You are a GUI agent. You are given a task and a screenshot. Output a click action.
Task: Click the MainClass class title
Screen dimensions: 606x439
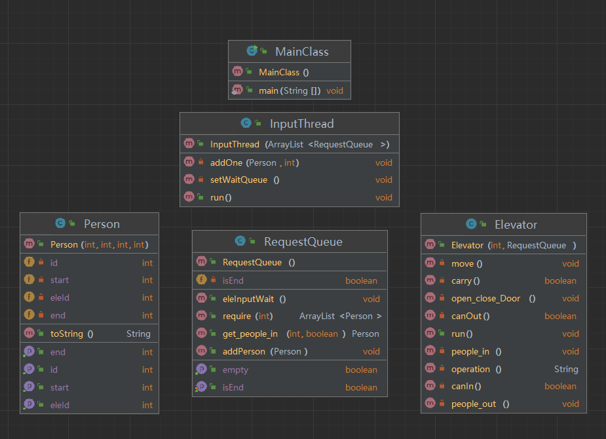(x=302, y=52)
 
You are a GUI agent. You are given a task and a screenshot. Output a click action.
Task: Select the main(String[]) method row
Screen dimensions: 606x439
(x=290, y=91)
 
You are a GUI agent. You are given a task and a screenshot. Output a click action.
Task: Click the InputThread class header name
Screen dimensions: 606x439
(x=302, y=124)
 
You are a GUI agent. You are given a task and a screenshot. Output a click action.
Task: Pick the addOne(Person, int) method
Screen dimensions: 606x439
(x=254, y=162)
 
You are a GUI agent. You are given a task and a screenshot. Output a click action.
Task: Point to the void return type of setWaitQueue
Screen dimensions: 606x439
(x=384, y=180)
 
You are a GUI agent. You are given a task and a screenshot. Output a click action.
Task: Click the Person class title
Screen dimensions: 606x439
(x=102, y=224)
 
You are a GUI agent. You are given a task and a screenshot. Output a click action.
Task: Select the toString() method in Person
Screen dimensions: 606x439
(x=72, y=334)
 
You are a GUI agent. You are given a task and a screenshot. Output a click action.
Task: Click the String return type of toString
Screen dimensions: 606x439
(x=138, y=334)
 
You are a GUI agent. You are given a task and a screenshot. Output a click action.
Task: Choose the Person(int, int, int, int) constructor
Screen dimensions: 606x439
(x=100, y=244)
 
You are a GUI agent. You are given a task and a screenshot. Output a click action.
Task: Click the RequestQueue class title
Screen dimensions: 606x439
(x=303, y=242)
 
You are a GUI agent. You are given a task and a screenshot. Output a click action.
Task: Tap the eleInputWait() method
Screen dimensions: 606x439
(x=254, y=299)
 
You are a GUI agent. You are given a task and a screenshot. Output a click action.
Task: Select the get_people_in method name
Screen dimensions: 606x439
(x=250, y=334)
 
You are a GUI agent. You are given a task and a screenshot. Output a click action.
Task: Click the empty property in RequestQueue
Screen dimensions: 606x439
(x=235, y=370)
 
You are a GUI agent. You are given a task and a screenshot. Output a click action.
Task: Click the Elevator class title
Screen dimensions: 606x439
(x=516, y=225)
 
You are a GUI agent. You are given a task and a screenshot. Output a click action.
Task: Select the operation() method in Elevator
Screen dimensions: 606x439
(x=476, y=370)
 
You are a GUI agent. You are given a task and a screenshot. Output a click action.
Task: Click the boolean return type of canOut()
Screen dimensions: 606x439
(x=560, y=316)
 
